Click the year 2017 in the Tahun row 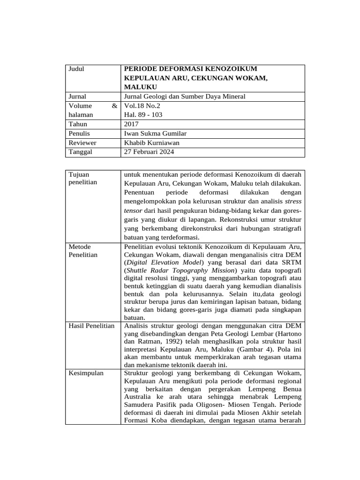pos(131,124)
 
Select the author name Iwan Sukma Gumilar pos(156,134)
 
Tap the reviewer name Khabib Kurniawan pos(151,143)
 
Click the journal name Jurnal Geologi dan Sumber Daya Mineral pos(184,97)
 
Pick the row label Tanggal pos(81,152)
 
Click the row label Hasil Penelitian pos(91,326)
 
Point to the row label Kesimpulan pos(86,373)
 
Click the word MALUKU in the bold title pos(141,87)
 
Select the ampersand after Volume pos(114,106)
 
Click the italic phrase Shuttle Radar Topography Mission pos(181,271)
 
